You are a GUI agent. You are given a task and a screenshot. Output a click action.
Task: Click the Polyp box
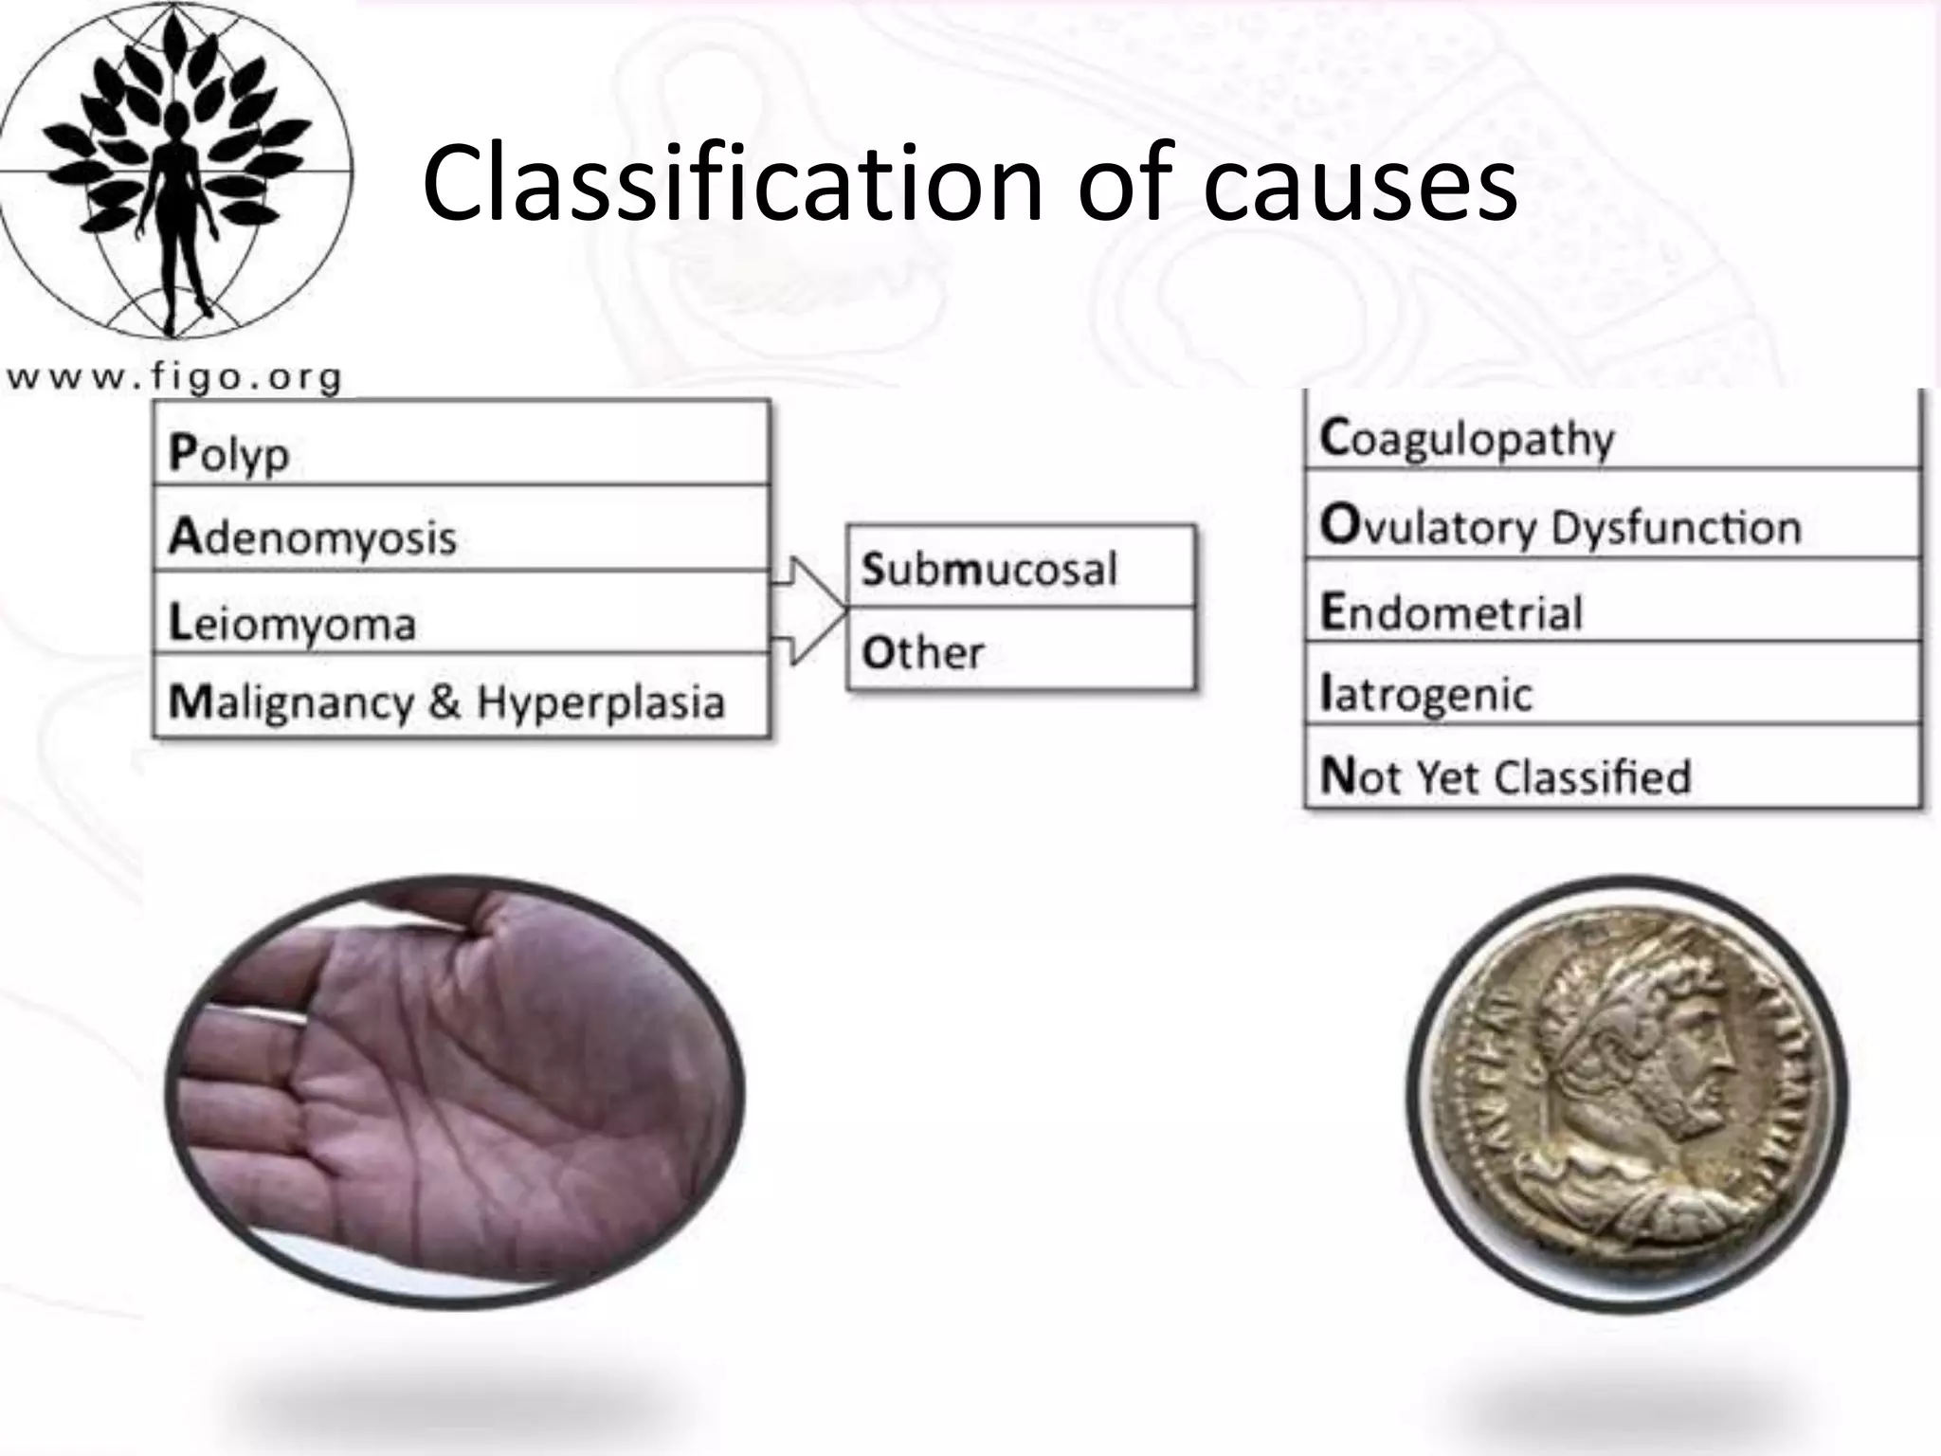click(461, 446)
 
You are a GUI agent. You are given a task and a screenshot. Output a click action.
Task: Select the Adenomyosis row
click(461, 531)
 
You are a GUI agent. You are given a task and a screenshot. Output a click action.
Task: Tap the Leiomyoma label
click(293, 622)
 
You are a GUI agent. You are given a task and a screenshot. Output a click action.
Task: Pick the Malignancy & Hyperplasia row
click(461, 700)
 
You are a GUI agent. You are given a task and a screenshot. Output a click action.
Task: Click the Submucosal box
click(1020, 567)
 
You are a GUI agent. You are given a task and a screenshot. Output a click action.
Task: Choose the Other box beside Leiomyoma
click(1020, 650)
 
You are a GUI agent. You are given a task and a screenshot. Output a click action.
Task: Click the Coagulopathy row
click(1611, 436)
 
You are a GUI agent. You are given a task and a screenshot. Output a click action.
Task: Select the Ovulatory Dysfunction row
click(1611, 523)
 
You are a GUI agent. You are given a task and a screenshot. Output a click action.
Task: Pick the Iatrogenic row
click(1611, 692)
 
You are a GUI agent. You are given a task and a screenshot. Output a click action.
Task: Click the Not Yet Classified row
click(1611, 773)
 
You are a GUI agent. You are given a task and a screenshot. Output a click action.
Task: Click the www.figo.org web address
click(174, 377)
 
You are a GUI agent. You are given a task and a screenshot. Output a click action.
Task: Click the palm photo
click(455, 1090)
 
